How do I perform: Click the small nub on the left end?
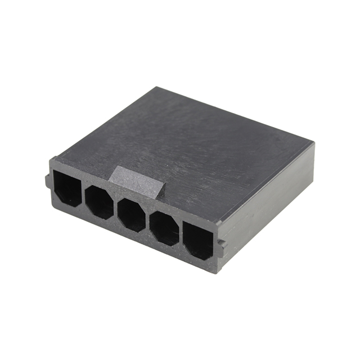[48, 181]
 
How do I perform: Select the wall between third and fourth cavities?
[148, 220]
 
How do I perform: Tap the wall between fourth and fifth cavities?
[181, 234]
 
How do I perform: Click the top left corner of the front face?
[51, 160]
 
